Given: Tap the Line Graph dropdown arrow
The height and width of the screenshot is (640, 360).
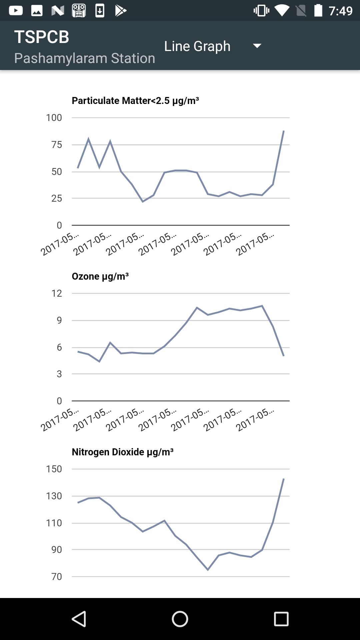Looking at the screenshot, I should click(x=257, y=46).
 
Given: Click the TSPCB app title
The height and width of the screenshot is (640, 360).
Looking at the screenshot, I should click(x=42, y=37).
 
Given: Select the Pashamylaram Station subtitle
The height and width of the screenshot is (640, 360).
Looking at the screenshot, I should click(x=84, y=58).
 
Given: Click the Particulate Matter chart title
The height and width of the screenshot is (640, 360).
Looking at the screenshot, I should click(x=135, y=100).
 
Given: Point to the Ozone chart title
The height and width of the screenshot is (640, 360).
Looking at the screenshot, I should click(x=100, y=276).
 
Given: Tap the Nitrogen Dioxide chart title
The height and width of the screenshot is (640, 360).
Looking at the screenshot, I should click(x=122, y=452).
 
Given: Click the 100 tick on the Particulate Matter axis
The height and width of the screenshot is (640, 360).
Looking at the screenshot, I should click(x=54, y=117).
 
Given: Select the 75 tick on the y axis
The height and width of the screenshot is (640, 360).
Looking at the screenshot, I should click(x=57, y=144).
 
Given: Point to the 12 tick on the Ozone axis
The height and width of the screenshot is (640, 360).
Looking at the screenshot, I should click(x=57, y=293).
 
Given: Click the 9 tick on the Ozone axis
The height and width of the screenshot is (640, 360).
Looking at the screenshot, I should click(x=59, y=320).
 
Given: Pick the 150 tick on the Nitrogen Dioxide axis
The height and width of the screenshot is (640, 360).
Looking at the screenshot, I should click(x=54, y=469).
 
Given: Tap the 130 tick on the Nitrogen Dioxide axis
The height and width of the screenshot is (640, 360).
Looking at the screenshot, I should click(x=54, y=496).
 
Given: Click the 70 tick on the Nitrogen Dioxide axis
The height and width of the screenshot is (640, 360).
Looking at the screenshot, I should click(x=57, y=576).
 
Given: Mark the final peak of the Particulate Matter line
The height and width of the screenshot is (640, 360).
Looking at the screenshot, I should click(x=284, y=131).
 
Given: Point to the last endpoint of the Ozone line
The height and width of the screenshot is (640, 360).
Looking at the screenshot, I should click(x=284, y=356).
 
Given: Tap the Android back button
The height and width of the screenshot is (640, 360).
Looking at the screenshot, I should click(x=79, y=619).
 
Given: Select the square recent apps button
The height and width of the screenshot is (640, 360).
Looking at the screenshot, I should click(x=281, y=619).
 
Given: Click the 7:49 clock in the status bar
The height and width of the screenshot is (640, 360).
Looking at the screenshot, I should click(x=340, y=11).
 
